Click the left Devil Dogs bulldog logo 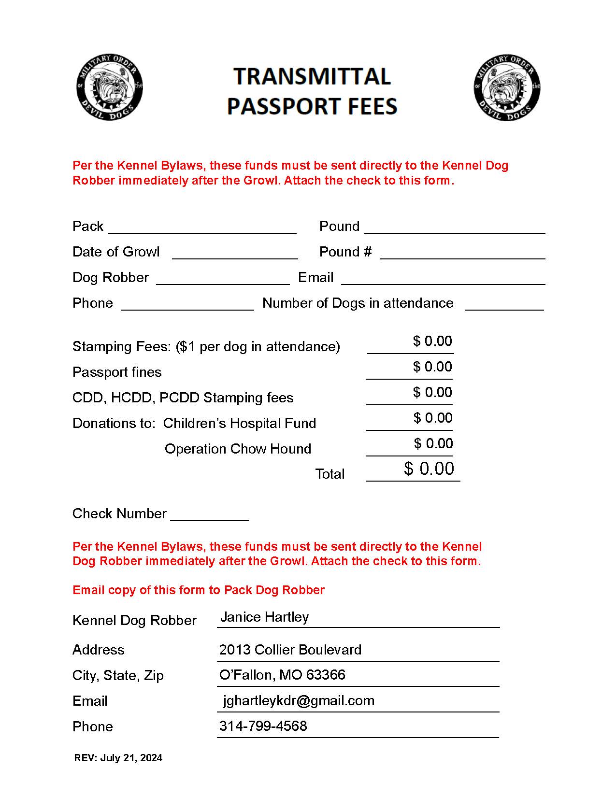[x=110, y=87]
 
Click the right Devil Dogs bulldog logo [x=507, y=87]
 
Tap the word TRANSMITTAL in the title [x=312, y=77]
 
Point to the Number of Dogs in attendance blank [x=504, y=305]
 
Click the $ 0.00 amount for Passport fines [x=432, y=367]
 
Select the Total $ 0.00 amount [x=429, y=469]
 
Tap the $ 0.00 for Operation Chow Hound [x=433, y=443]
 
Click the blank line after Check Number [x=209, y=515]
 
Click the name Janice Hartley [x=264, y=617]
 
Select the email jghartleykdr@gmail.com [x=298, y=700]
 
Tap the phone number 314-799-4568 [x=263, y=726]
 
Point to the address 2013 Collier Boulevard [x=290, y=650]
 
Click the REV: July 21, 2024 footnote [x=118, y=757]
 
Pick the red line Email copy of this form [x=198, y=590]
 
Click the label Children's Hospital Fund [x=239, y=423]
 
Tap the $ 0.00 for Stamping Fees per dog [x=432, y=342]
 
